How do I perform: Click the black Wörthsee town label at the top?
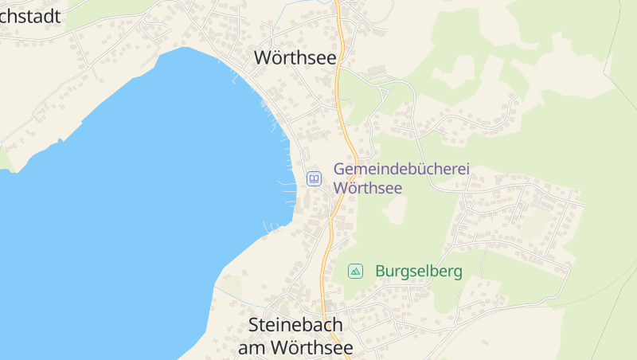pyautogui.click(x=295, y=58)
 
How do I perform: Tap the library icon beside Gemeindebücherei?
pyautogui.click(x=314, y=178)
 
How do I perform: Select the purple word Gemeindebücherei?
pyautogui.click(x=401, y=170)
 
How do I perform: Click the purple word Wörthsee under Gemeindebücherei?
pyautogui.click(x=368, y=188)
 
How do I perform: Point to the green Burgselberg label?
pyautogui.click(x=418, y=272)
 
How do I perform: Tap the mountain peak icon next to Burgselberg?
pyautogui.click(x=355, y=272)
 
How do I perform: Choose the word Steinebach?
pyautogui.click(x=295, y=326)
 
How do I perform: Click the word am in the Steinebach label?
pyautogui.click(x=252, y=348)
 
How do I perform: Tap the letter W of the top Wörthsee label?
pyautogui.click(x=263, y=58)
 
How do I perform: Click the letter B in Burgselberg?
pyautogui.click(x=380, y=272)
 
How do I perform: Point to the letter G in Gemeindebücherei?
pyautogui.click(x=340, y=170)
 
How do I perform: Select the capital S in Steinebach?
pyautogui.click(x=254, y=326)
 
